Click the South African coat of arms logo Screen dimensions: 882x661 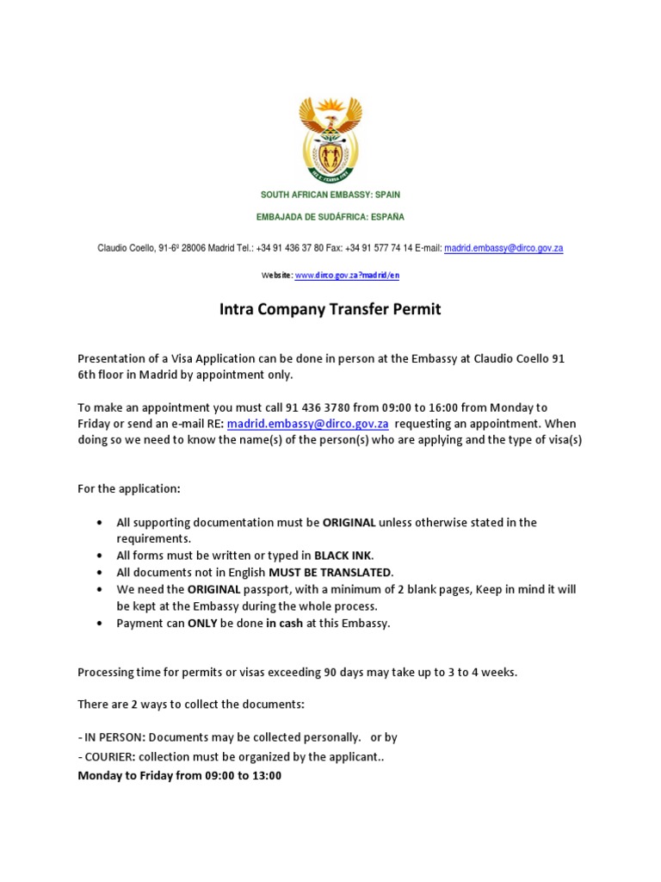click(x=330, y=139)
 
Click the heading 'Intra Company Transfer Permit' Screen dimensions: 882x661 click(x=330, y=309)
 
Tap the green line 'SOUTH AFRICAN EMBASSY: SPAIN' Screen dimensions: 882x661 click(x=330, y=196)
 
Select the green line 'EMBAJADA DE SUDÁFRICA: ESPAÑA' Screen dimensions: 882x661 click(x=330, y=217)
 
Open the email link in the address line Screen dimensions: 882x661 click(x=503, y=248)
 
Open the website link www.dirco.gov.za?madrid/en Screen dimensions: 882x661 click(x=347, y=276)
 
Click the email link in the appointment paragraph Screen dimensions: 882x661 click(x=307, y=424)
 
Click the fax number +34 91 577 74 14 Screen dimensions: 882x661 click(x=378, y=248)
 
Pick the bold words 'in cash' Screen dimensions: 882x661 click(x=284, y=623)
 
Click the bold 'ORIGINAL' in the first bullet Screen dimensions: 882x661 click(x=349, y=522)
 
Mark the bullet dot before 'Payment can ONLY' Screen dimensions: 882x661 click(x=101, y=623)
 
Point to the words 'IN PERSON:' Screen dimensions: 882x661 click(x=113, y=737)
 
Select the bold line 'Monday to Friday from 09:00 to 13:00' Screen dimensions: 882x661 click(x=179, y=775)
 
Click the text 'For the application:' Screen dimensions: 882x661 click(x=129, y=488)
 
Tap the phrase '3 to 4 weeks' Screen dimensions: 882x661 click(x=482, y=672)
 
